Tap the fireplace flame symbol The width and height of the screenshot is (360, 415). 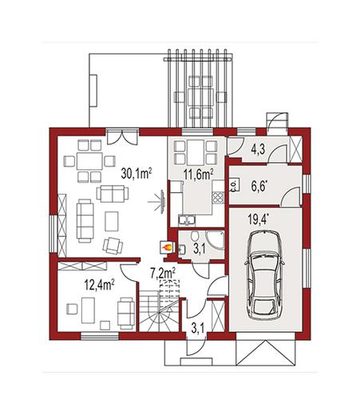tap(167, 248)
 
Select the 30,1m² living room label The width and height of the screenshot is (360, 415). tap(136, 173)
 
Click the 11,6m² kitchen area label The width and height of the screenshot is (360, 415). tap(198, 175)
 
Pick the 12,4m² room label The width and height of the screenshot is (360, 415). tap(99, 285)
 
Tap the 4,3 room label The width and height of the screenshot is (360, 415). tap(258, 149)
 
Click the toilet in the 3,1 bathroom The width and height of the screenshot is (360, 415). tap(195, 235)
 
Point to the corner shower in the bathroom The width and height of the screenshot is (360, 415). tap(216, 240)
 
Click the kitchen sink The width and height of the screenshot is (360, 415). tap(187, 220)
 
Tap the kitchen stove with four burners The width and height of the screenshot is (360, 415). tap(218, 198)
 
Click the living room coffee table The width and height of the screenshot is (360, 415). tap(112, 221)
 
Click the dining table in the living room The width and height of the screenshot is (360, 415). tap(89, 161)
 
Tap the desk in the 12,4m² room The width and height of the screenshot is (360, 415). tap(88, 310)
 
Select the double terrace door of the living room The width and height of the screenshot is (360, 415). tap(122, 136)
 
